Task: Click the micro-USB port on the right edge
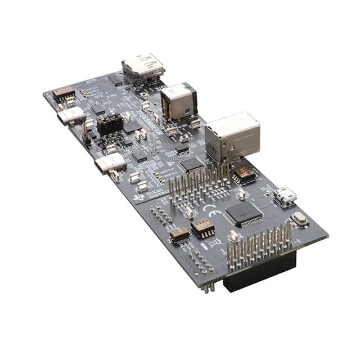(286, 196)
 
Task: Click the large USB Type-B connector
(232, 137)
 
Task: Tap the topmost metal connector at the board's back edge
(143, 68)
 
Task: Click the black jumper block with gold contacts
(110, 125)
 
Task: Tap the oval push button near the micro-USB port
(300, 219)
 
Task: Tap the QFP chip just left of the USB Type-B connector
(191, 164)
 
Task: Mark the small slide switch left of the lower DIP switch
(179, 235)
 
